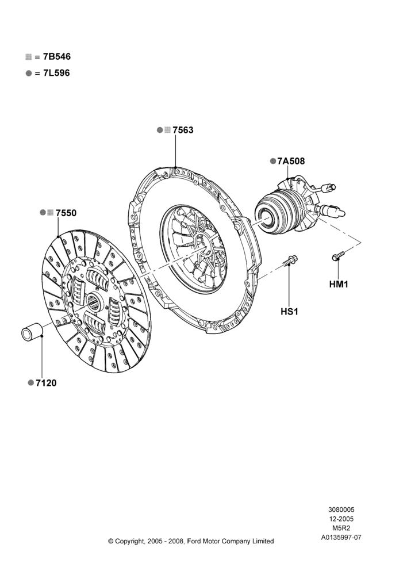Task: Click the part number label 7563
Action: (x=183, y=130)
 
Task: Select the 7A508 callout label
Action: (x=291, y=162)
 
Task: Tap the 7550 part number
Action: (x=66, y=213)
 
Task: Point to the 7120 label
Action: (x=46, y=383)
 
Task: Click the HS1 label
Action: (x=290, y=312)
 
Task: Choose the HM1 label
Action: (x=339, y=284)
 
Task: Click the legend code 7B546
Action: (x=57, y=57)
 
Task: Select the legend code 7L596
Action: (x=56, y=73)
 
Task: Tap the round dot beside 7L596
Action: (x=29, y=74)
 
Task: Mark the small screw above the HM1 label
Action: (x=339, y=256)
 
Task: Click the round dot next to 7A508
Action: (x=273, y=162)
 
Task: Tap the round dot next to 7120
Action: (x=31, y=383)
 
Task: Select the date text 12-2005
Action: (x=341, y=519)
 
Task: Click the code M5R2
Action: (x=341, y=528)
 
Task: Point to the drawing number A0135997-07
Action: (x=341, y=538)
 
